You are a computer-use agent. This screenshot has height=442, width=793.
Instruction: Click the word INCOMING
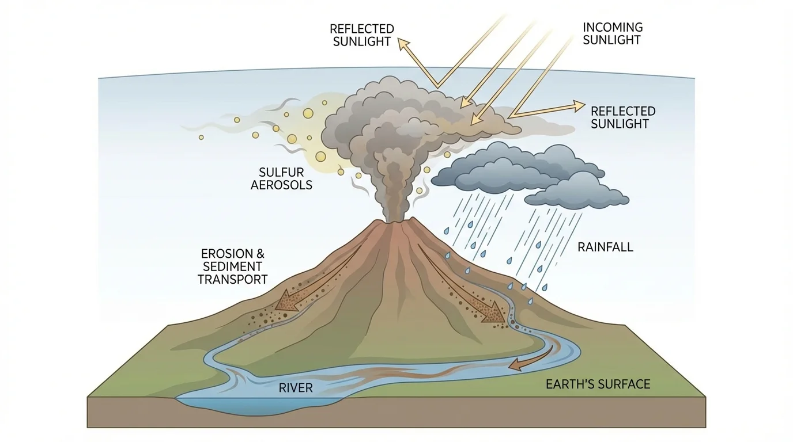[x=612, y=27]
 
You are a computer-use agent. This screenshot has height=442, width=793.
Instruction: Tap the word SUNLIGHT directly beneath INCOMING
[x=612, y=40]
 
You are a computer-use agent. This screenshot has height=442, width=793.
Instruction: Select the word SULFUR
[x=281, y=172]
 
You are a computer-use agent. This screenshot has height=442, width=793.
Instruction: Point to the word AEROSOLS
[x=281, y=185]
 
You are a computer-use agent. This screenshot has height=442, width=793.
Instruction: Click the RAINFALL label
[x=605, y=247]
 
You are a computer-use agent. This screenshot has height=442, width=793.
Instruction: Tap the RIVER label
[x=296, y=388]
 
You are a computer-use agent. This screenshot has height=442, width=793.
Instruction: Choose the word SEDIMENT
[x=232, y=266]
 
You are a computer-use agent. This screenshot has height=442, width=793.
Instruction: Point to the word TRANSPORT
[x=232, y=280]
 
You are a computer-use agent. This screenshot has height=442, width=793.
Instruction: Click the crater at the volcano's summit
[x=396, y=222]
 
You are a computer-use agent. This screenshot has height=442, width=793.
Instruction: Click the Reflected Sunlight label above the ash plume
[x=362, y=35]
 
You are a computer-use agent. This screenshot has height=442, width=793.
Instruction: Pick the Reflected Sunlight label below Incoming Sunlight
[x=623, y=117]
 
